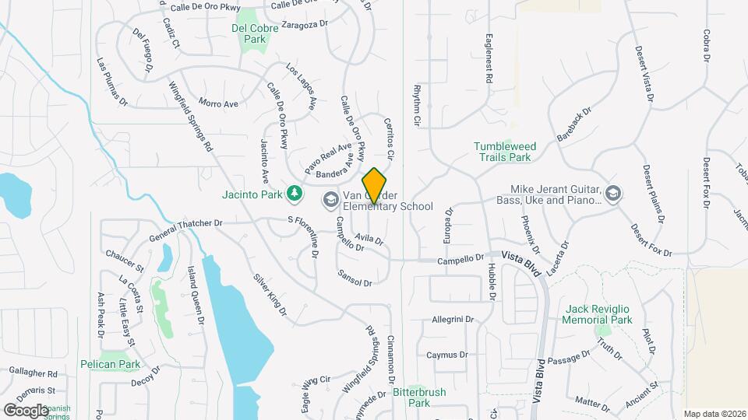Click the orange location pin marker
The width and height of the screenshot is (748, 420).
pyautogui.click(x=375, y=185)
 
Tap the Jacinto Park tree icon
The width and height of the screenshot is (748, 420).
pyautogui.click(x=295, y=192)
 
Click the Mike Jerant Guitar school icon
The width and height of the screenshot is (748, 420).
pyautogui.click(x=613, y=192)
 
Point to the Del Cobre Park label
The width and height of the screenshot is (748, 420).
pyautogui.click(x=249, y=33)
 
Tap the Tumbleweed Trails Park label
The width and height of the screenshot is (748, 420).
pyautogui.click(x=503, y=152)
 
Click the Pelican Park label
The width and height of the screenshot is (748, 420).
pyautogui.click(x=110, y=364)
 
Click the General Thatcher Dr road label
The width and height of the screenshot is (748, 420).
pyautogui.click(x=186, y=224)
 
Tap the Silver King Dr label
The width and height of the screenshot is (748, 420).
pyautogui.click(x=270, y=293)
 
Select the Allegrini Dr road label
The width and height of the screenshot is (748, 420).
pyautogui.click(x=453, y=320)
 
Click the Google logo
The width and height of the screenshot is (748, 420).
pyautogui.click(x=26, y=410)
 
